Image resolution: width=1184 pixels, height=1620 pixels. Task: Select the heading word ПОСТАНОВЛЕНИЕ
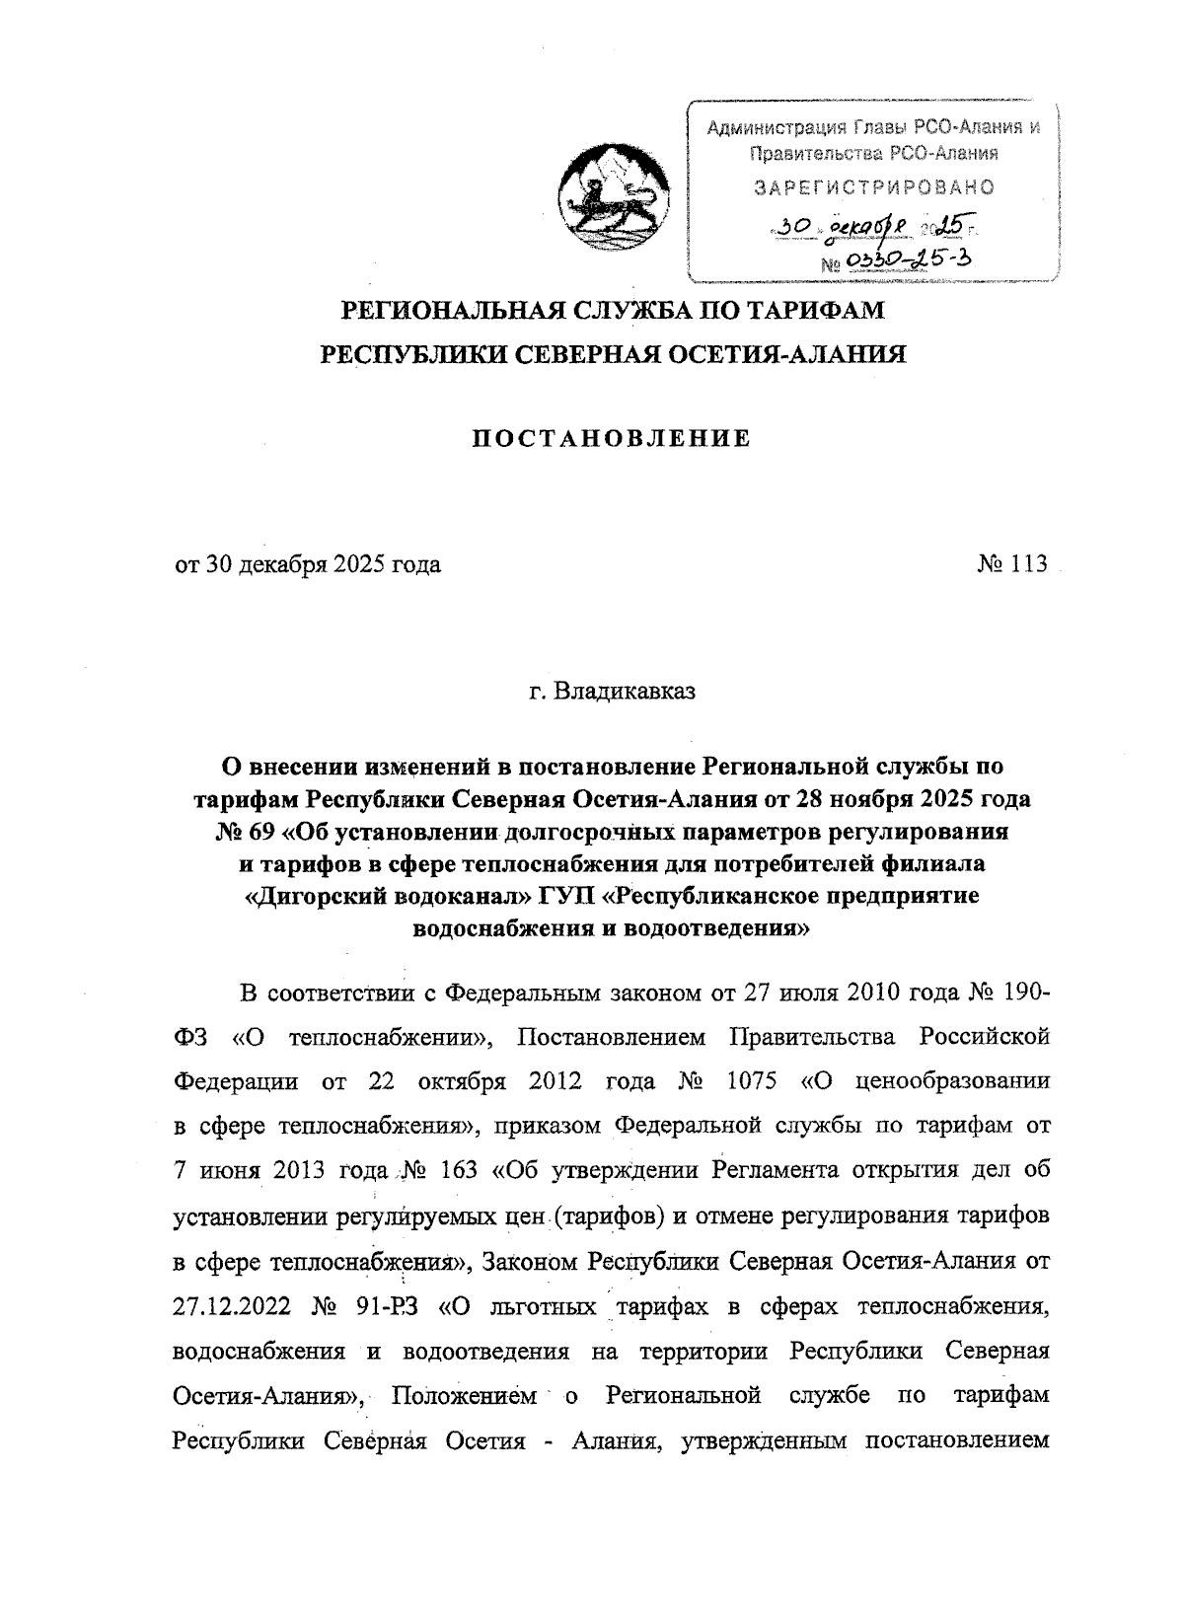609,438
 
